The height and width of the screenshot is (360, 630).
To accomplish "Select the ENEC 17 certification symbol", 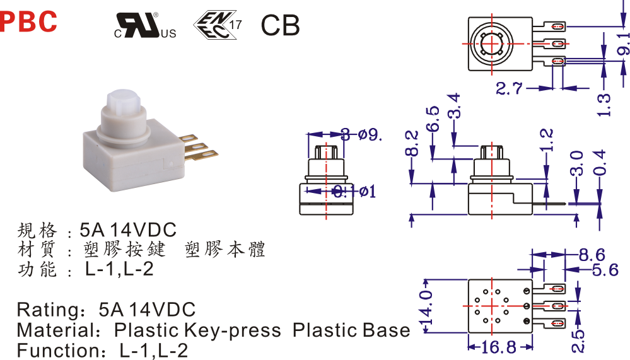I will [218, 24].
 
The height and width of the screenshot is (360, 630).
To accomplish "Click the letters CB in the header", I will [280, 25].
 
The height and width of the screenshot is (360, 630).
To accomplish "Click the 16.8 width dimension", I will [498, 347].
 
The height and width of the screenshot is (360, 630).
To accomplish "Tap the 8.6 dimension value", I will [592, 255].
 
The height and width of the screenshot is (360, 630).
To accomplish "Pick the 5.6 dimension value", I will [605, 270].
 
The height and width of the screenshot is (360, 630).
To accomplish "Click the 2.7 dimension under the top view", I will [509, 88].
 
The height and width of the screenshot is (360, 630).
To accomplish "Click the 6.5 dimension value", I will [433, 119].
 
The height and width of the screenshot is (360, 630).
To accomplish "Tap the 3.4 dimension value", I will [454, 105].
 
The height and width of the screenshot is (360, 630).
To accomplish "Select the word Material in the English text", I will [53, 330].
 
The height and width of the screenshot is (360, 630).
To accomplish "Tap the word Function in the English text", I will [54, 350].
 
